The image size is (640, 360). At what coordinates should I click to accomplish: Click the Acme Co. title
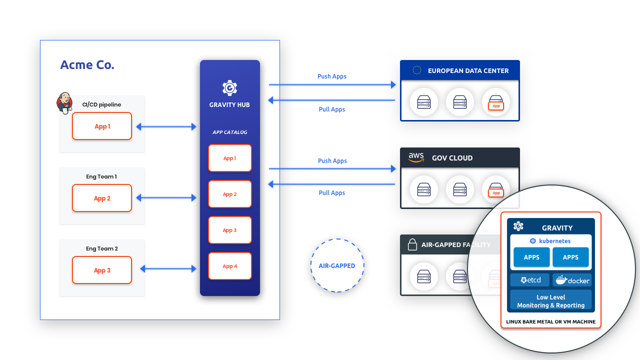click(x=87, y=65)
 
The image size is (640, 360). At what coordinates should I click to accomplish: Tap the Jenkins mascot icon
click(x=64, y=103)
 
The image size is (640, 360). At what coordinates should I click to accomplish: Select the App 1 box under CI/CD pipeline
click(x=102, y=126)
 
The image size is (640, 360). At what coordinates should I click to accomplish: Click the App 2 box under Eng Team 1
click(x=102, y=198)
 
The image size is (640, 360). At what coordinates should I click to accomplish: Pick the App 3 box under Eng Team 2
click(x=102, y=270)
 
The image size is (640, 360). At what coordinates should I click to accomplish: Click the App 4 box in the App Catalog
click(x=230, y=266)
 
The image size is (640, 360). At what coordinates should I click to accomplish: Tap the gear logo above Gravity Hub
click(x=229, y=87)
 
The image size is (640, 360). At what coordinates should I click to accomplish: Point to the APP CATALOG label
click(x=229, y=132)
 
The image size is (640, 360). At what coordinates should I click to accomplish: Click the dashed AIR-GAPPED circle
click(x=337, y=239)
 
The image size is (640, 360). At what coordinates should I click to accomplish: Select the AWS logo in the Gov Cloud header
click(x=416, y=157)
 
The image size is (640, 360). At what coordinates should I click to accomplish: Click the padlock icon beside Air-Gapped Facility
click(x=412, y=244)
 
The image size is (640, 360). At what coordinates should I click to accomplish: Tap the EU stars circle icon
click(x=417, y=70)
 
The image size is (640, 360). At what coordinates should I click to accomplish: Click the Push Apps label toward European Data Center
click(x=331, y=76)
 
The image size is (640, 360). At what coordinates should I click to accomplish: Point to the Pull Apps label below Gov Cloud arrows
click(x=331, y=193)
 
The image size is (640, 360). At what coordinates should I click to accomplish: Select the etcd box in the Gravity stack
click(x=529, y=280)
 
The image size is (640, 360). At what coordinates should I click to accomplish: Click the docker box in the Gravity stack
click(x=572, y=280)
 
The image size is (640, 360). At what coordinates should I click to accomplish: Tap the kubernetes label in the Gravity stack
click(x=554, y=241)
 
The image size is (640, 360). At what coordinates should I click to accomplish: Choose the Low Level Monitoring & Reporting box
click(x=551, y=301)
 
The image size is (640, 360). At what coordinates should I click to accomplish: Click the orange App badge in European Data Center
click(x=496, y=105)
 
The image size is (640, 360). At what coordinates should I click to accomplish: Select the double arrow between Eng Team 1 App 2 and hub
click(x=166, y=197)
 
